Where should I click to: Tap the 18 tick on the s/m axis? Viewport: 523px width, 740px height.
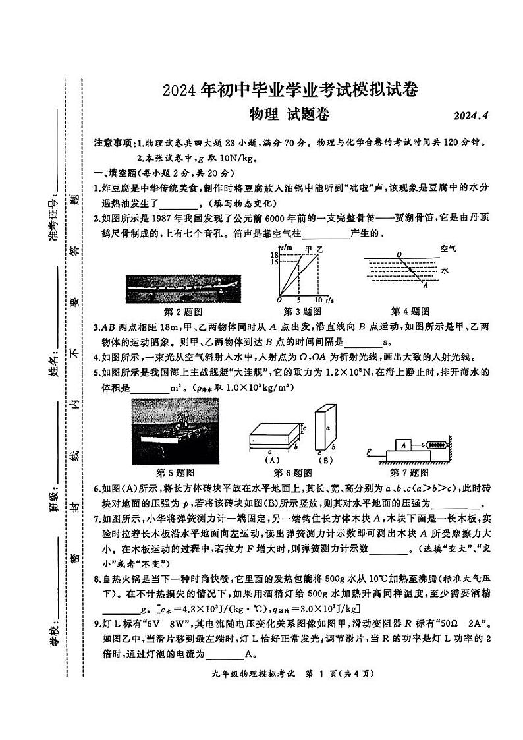[275, 254]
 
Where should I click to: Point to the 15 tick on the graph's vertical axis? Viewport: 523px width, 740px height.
[275, 262]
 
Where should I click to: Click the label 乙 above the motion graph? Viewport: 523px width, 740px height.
[321, 248]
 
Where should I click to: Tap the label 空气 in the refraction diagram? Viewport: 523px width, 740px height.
[450, 249]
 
